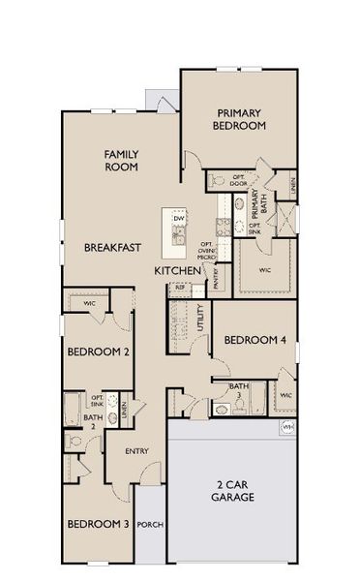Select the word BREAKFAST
point(109,248)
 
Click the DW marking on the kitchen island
point(179,218)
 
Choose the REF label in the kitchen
point(179,288)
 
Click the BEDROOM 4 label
point(255,340)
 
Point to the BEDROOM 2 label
point(99,352)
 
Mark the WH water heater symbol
point(286,426)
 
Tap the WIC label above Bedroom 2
point(88,303)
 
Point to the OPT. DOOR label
point(240,181)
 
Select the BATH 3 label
point(235,390)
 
